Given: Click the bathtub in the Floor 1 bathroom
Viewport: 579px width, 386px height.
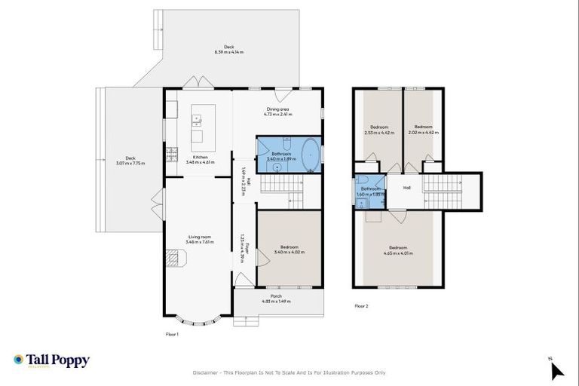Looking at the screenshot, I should coord(310,155).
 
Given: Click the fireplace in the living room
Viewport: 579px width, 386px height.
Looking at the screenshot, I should coord(174,260).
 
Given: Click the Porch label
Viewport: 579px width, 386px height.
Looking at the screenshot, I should coord(276,296).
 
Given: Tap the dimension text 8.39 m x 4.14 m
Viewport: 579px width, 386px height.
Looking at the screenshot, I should coord(229,52).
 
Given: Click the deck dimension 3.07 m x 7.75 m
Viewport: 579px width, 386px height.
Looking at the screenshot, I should coord(131,163).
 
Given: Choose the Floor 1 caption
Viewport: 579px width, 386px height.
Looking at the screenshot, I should coord(172,333).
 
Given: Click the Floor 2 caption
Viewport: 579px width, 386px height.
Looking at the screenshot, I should coord(361,306).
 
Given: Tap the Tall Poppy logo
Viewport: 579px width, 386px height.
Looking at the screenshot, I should coord(51,360).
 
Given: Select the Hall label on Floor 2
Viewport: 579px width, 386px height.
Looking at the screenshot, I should coord(407,188).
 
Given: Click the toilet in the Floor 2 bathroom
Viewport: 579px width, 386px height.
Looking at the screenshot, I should coord(363,181).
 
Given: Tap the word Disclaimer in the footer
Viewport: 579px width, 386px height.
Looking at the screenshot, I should coord(207,372).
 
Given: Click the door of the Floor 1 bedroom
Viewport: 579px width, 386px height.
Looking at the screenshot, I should coord(262,258).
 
